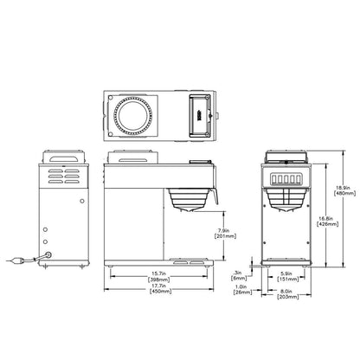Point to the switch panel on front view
coord(286,179)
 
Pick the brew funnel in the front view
coord(286,200)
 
